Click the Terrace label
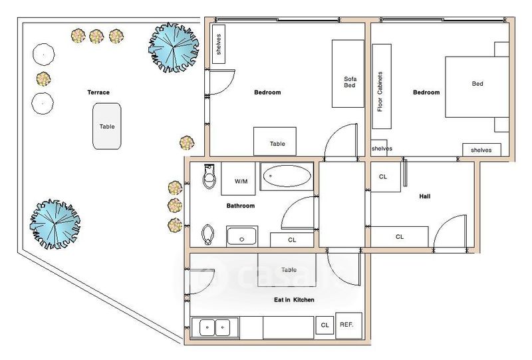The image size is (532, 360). pos(98,92)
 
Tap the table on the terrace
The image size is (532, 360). pos(107,126)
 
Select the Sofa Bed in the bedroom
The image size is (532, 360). pos(348,74)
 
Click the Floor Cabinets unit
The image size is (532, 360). pos(382,87)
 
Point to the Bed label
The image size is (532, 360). pos(477,84)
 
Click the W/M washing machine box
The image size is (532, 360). pos(238,178)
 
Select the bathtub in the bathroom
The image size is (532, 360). pos(287,176)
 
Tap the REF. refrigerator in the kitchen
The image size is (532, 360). pos(348,325)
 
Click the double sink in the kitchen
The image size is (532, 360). pos(215,327)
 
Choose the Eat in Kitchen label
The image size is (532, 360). pos(294,300)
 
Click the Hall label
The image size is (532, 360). pos(425,196)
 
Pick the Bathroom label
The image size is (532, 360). pos(240,206)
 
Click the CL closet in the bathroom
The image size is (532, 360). pos(292,240)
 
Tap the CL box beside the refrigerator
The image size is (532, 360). pos(325,325)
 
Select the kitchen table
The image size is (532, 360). pos(287,270)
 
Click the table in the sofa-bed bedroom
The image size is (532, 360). pos(275,142)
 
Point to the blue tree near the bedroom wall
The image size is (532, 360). pos(174,47)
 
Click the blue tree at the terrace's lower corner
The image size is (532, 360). pos(55,224)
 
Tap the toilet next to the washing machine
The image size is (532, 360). pos(209,176)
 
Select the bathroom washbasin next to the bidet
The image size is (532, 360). pos(242,236)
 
